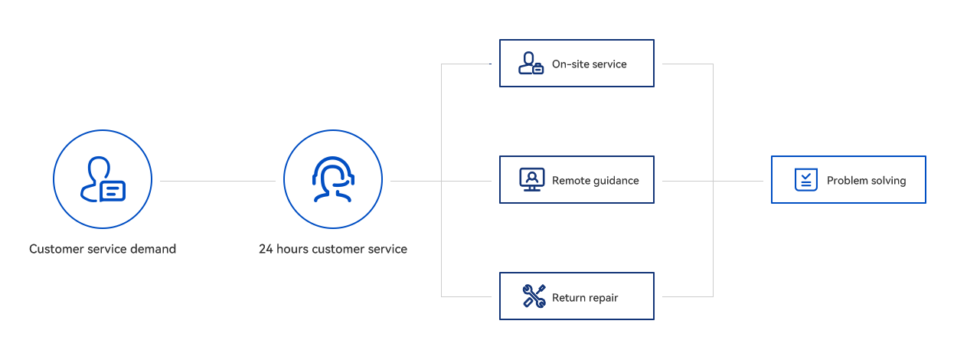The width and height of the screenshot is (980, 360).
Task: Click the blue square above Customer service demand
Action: tap(103, 179)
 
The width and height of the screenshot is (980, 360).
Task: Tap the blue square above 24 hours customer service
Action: tap(332, 179)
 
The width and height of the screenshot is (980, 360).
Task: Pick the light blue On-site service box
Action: tap(588, 64)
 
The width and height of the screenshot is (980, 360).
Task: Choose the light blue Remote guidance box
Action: tap(596, 182)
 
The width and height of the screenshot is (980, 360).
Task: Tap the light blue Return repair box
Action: tap(593, 297)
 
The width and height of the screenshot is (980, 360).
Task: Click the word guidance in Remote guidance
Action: tap(612, 182)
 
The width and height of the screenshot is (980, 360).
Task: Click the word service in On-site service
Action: tap(609, 64)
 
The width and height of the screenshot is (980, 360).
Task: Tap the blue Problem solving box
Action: tap(848, 180)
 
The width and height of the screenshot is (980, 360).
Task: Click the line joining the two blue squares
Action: tap(217, 182)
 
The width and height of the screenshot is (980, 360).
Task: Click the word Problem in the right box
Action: tap(846, 181)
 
